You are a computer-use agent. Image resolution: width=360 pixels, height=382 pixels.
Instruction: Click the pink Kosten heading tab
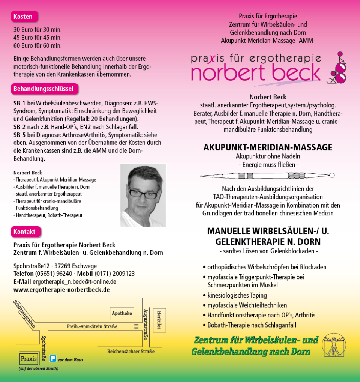click(x=23, y=17)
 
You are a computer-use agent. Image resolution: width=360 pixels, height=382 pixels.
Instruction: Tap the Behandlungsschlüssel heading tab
click(x=44, y=89)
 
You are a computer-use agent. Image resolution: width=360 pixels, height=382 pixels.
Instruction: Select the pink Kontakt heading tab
click(x=25, y=232)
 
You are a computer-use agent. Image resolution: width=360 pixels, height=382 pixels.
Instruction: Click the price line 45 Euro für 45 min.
click(x=37, y=38)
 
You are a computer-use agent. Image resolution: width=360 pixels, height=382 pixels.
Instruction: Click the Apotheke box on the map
click(x=122, y=313)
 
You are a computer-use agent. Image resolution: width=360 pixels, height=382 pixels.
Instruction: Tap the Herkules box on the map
click(x=159, y=320)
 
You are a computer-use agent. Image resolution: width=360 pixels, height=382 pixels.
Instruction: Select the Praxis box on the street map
click(x=29, y=359)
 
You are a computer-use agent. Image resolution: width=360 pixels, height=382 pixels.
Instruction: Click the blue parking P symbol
click(x=53, y=359)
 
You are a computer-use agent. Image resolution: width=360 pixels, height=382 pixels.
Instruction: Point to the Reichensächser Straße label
click(x=130, y=352)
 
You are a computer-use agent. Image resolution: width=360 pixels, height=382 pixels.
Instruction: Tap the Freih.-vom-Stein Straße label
click(x=92, y=326)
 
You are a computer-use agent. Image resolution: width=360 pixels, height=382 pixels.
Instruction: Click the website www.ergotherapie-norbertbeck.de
click(x=61, y=290)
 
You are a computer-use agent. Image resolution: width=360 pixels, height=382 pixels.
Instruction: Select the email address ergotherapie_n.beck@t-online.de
click(x=74, y=281)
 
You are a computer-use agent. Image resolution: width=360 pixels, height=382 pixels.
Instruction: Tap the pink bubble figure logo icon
click(x=337, y=69)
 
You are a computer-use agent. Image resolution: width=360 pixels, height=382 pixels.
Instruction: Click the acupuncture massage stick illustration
click(x=267, y=176)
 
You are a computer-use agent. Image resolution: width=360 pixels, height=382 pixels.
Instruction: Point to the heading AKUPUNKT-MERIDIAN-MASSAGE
click(x=268, y=147)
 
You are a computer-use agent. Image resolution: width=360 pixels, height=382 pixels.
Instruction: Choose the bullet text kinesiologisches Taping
click(x=237, y=295)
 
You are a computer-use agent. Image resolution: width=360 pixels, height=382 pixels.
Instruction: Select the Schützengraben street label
click(x=24, y=314)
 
